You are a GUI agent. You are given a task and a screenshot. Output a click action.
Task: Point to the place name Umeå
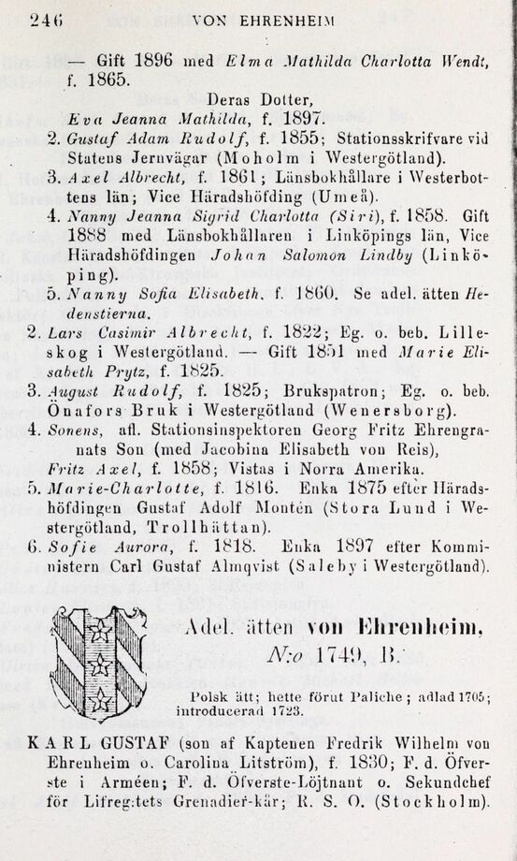(x=355, y=197)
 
